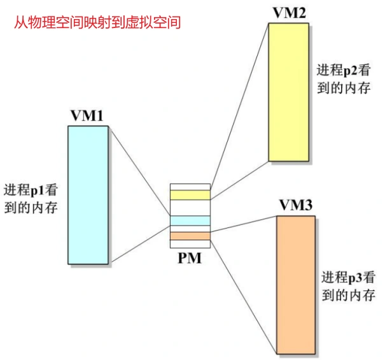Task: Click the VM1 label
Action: pos(87,115)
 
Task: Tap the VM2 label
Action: pos(290,13)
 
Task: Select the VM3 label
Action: pos(296,205)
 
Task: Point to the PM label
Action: pos(190,258)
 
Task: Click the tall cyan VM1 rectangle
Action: pos(88,195)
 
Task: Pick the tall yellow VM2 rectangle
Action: pos(288,92)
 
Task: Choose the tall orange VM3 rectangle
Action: pos(296,285)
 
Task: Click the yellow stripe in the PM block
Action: pos(190,195)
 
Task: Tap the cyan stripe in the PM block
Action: pos(190,220)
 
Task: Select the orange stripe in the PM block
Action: pos(190,236)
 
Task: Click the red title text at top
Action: pos(97,23)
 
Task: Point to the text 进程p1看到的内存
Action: pos(31,198)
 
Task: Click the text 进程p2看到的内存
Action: pos(344,79)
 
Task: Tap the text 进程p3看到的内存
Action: pos(349,286)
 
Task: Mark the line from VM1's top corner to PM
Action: pos(139,171)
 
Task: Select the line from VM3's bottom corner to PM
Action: pos(244,298)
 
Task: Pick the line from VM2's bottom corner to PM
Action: pos(239,180)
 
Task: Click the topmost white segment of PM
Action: pos(190,187)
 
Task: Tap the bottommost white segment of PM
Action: pos(190,244)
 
